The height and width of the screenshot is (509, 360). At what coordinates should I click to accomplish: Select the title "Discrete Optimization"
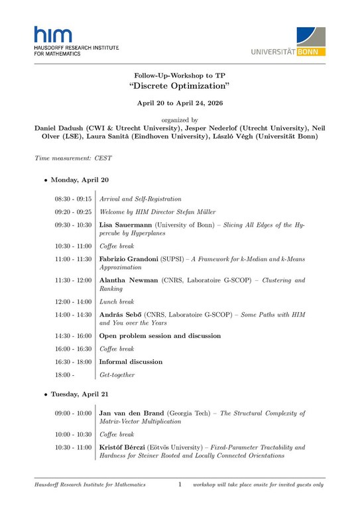179,87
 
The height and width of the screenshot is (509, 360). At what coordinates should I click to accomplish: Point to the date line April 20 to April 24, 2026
179,104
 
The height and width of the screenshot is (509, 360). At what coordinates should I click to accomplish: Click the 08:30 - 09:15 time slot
73,199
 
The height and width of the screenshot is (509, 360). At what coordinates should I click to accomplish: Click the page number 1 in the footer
179,485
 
